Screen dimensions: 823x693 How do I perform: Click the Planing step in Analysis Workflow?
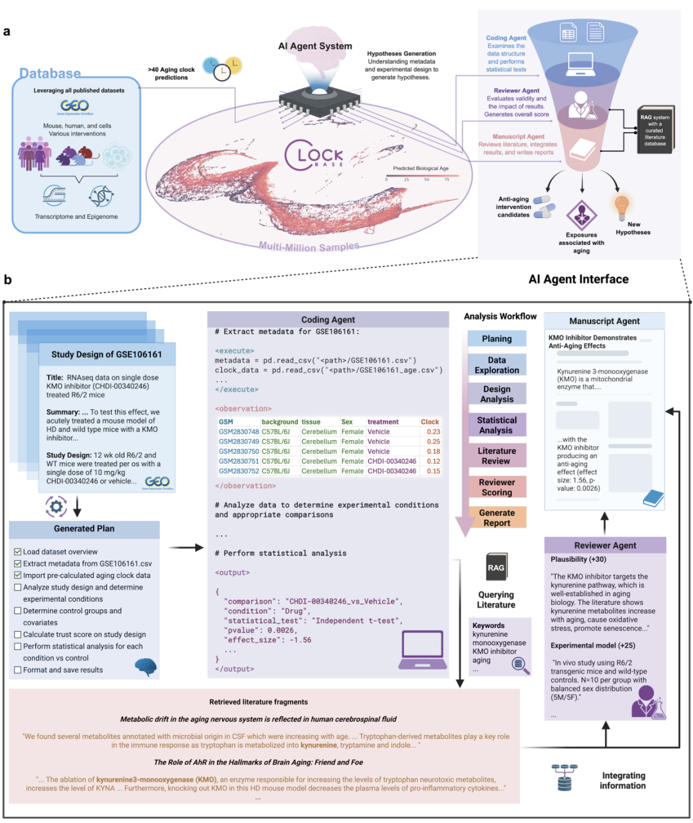[497, 339]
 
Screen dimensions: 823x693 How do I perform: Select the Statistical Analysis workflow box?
[497, 425]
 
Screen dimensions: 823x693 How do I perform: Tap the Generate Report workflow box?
[497, 518]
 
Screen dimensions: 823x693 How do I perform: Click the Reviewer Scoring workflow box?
[497, 488]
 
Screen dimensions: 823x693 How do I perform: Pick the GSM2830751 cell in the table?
[239, 461]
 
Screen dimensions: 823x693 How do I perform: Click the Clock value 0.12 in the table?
[433, 461]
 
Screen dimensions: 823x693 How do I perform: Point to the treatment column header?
[383, 422]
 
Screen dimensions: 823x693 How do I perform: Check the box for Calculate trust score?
[18, 634]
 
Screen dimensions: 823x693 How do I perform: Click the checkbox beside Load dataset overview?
[18, 552]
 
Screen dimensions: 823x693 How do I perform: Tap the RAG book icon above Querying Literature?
[496, 567]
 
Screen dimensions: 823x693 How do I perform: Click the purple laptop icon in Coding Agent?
[422, 649]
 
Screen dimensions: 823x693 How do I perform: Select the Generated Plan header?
[84, 529]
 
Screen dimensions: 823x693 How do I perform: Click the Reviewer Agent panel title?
[605, 545]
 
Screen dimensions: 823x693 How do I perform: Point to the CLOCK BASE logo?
[314, 156]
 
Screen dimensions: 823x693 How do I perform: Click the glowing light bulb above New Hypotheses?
[621, 207]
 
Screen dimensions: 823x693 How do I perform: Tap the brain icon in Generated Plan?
[146, 666]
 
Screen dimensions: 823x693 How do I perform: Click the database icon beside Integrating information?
[564, 778]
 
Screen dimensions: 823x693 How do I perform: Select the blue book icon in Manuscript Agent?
[653, 498]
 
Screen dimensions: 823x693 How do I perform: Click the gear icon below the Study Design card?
[56, 507]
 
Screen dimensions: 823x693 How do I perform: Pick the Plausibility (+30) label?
[578, 559]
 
